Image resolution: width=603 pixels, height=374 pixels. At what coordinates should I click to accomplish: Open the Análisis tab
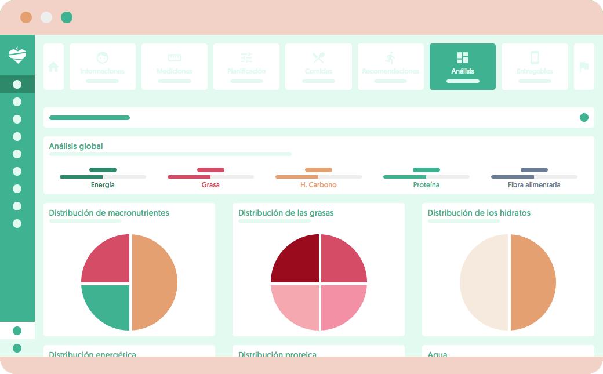tap(462, 66)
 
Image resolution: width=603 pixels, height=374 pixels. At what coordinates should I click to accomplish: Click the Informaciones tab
tap(103, 66)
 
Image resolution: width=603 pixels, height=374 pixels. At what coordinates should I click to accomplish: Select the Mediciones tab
tap(175, 66)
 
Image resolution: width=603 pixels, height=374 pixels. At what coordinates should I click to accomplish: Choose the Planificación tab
tap(246, 66)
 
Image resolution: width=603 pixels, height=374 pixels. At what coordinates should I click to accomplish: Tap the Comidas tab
tap(318, 66)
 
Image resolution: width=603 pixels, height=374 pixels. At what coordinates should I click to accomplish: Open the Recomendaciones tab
tap(390, 66)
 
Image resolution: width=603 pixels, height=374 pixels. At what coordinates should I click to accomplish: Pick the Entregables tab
tap(535, 66)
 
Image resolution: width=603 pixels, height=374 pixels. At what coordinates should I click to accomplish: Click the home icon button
tap(53, 67)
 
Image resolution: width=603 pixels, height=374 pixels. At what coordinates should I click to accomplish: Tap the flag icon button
tap(584, 67)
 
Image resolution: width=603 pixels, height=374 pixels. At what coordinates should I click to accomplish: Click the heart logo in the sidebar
tap(17, 55)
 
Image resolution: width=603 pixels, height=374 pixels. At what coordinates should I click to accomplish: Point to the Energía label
tap(103, 185)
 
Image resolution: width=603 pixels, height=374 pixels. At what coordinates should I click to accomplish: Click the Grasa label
tap(210, 185)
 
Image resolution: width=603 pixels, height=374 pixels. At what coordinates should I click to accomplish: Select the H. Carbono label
tap(318, 185)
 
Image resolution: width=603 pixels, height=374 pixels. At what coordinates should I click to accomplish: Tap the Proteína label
tap(426, 185)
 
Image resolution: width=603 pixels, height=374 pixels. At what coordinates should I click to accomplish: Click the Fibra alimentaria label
tap(534, 185)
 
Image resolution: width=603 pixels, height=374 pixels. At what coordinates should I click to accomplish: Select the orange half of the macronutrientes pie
tap(154, 282)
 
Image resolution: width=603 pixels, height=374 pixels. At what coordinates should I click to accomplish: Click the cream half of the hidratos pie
tap(484, 282)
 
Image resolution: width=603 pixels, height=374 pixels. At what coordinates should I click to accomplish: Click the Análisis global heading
tap(76, 146)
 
